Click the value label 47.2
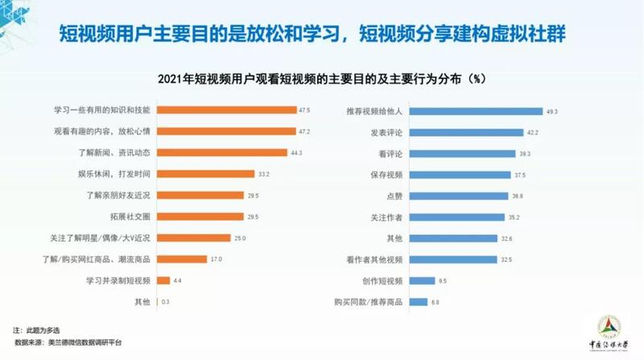(x=304, y=130)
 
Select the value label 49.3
(x=552, y=110)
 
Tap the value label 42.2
(x=532, y=131)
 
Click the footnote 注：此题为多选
(x=37, y=331)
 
